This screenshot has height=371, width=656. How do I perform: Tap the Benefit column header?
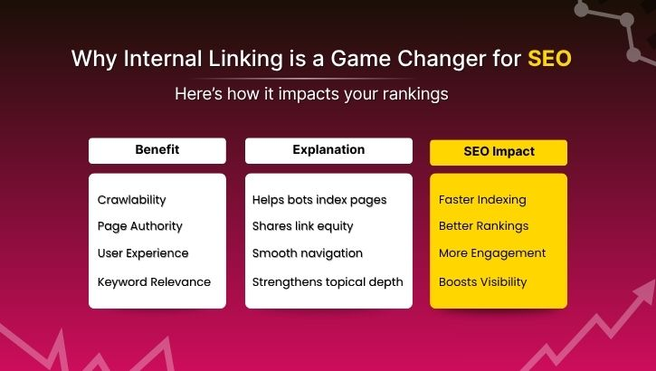[157, 150]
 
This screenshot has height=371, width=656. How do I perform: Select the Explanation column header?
[328, 150]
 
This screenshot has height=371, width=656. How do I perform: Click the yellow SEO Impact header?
[498, 152]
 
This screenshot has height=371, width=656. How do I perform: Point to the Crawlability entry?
[132, 199]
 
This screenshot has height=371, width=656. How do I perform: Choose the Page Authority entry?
[140, 226]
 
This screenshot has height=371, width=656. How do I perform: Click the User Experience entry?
[143, 253]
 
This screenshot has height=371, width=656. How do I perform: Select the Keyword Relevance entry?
[154, 281]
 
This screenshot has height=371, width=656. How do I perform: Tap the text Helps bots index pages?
[319, 199]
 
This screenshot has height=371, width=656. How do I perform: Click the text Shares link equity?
[303, 226]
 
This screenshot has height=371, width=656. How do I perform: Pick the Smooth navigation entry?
[308, 253]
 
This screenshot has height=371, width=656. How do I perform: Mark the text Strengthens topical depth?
[328, 281]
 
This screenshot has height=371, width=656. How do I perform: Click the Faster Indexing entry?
[482, 199]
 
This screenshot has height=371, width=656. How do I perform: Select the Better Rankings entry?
[483, 226]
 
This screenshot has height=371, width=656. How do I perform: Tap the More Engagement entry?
[492, 253]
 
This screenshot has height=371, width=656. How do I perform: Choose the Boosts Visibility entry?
[482, 281]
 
